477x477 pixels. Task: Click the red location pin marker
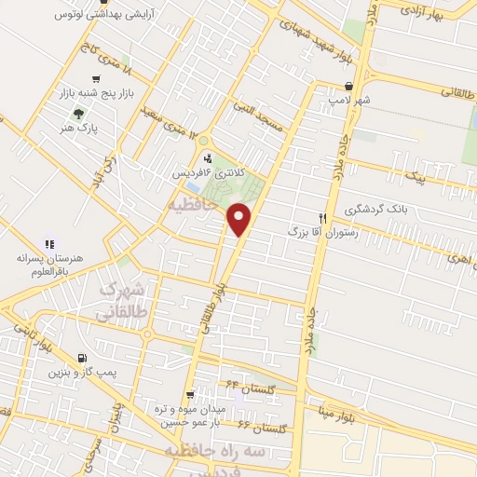(x=240, y=220)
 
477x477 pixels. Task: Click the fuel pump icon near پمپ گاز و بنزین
(x=84, y=357)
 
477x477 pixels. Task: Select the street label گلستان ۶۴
(x=246, y=384)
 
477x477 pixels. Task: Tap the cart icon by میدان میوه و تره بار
(x=191, y=394)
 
